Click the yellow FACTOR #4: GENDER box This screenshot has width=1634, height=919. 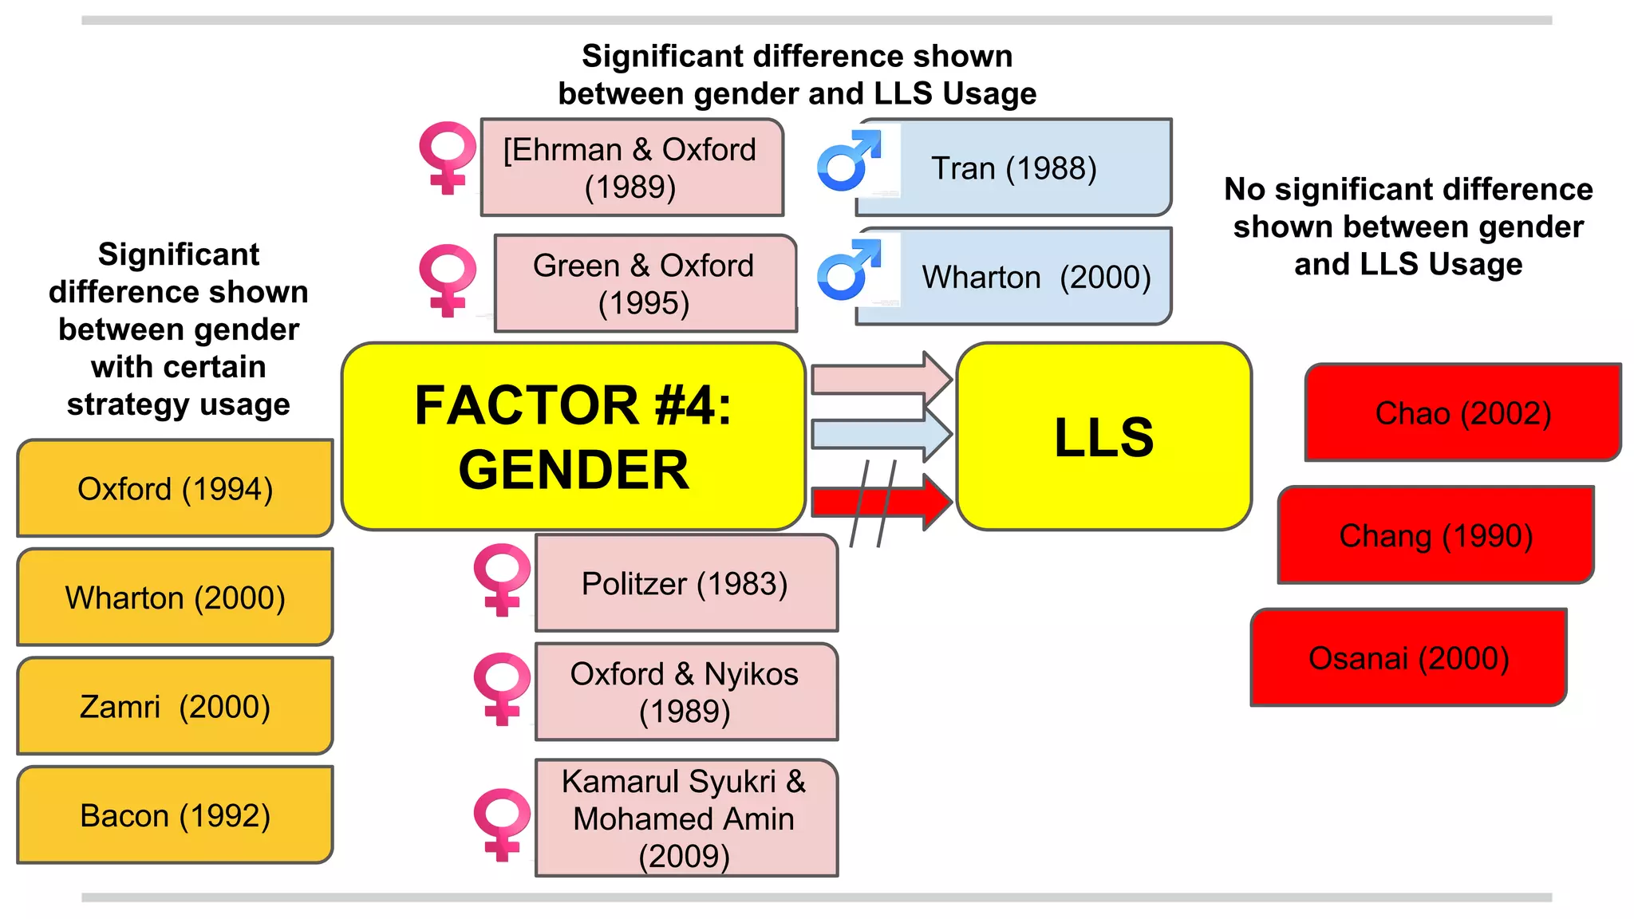coord(573,436)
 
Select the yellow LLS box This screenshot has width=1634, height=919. coord(1103,436)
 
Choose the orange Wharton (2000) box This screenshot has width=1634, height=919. coord(175,597)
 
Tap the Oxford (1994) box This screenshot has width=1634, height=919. coord(175,488)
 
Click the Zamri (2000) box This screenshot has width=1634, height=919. coord(175,706)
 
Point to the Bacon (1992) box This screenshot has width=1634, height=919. coord(175,815)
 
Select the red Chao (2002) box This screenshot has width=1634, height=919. coord(1462,412)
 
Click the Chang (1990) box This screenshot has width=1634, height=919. coord(1435,535)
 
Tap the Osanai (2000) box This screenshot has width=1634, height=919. coord(1408,658)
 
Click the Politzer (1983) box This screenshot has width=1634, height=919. coord(686,583)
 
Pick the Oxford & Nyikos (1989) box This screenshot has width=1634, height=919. coord(686,692)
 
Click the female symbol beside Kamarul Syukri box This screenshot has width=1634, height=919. coord(501,823)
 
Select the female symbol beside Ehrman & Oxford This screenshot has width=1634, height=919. coord(448,156)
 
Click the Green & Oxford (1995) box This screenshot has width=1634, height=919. coord(645,283)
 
